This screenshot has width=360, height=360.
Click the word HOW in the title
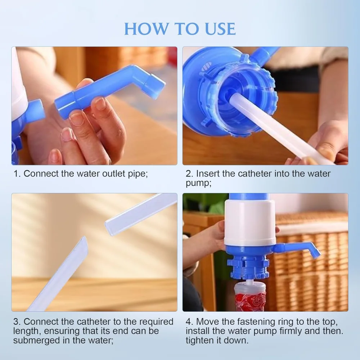146,29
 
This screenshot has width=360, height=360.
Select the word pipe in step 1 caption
137,174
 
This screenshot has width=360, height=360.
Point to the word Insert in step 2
208,174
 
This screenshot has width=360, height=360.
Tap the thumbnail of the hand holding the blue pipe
94,106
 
